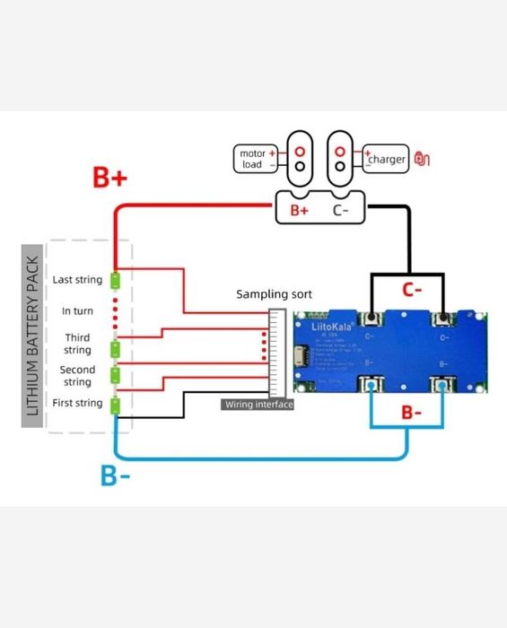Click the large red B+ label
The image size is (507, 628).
coord(110,178)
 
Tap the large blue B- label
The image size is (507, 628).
coord(115,475)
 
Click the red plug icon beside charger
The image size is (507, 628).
coord(423,159)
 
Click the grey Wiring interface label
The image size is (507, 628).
coord(258,405)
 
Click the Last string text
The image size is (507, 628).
coord(77,280)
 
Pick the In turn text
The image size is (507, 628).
coord(77,311)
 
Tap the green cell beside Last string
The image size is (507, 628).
coord(115,280)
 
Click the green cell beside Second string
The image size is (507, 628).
coord(115,373)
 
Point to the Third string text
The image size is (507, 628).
coord(77,344)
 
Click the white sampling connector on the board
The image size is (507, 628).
coord(277,354)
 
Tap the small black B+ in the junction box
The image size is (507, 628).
coord(299,211)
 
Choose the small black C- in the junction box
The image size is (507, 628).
coord(341,211)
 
